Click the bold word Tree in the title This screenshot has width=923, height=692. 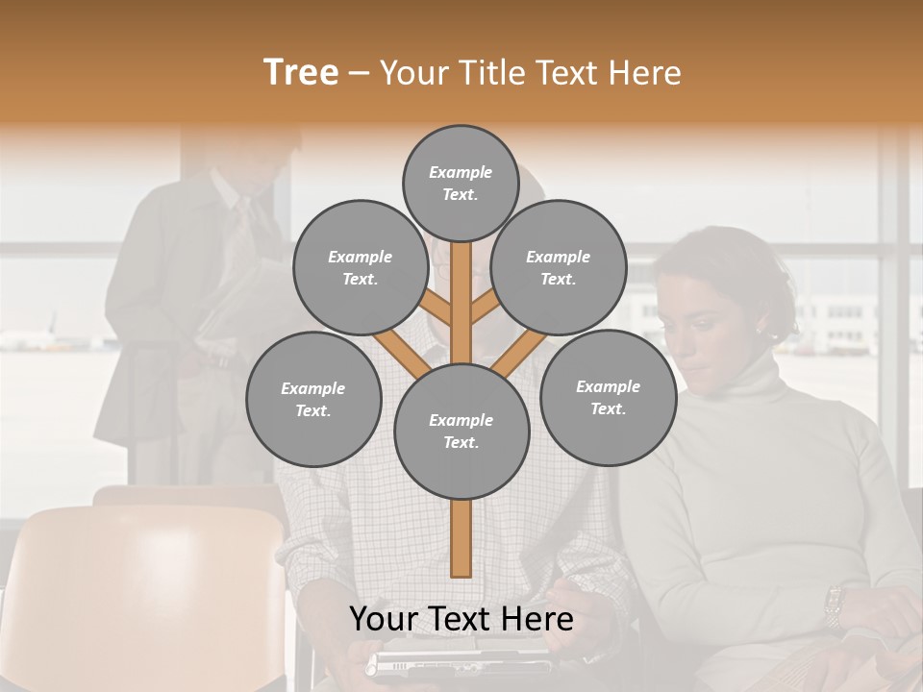click(x=301, y=72)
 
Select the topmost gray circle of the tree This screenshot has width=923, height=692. click(x=461, y=183)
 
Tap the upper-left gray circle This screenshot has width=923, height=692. click(x=360, y=267)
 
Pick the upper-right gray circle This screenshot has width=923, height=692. click(x=558, y=267)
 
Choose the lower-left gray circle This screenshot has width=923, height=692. click(x=313, y=399)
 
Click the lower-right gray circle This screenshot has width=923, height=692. click(x=608, y=397)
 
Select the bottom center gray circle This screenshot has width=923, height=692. click(x=461, y=431)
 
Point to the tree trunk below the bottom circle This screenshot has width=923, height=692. click(x=461, y=538)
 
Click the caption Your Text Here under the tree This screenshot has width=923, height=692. click(x=461, y=619)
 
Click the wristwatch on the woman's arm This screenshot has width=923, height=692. click(x=834, y=605)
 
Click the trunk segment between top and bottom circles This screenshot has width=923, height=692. click(x=461, y=298)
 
